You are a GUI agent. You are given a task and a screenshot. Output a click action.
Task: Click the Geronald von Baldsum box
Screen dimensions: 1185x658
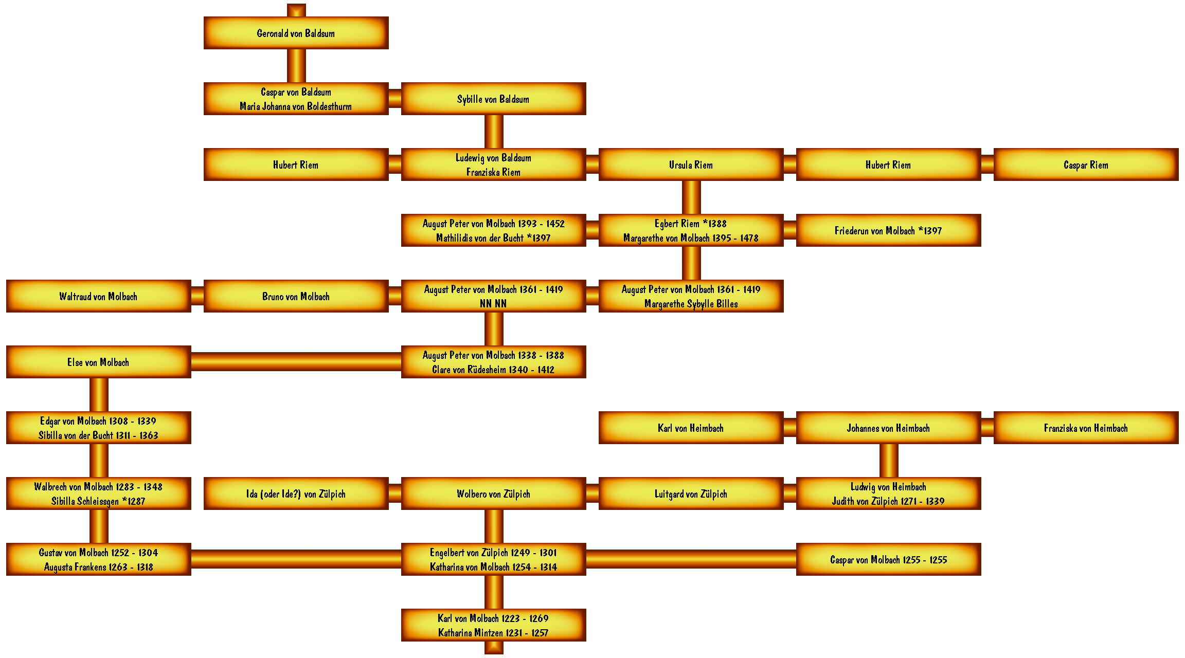point(296,33)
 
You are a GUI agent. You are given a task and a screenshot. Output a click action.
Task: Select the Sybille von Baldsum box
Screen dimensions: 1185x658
point(493,99)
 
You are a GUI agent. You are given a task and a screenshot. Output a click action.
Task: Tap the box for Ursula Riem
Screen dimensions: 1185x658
point(691,164)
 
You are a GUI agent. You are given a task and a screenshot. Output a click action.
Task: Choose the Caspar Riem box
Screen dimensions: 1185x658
point(1086,164)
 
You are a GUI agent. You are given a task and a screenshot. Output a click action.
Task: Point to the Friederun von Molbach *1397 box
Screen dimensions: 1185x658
point(888,230)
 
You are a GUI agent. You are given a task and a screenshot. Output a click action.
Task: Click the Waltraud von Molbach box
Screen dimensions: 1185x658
point(98,296)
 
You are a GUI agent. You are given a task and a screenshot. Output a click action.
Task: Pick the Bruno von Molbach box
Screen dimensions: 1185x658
point(296,296)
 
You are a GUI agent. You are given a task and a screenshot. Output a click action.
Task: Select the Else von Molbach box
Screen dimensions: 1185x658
point(98,362)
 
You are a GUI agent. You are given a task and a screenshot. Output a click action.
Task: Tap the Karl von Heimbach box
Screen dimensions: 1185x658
point(691,428)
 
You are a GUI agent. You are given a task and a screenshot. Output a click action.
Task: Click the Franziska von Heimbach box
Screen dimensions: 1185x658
point(1086,428)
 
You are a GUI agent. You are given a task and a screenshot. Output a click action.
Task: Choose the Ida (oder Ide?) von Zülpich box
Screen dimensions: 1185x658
point(296,493)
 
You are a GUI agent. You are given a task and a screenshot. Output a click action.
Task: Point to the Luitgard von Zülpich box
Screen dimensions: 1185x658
point(691,493)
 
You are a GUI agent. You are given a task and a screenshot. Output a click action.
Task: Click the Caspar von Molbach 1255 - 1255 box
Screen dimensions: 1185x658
point(888,559)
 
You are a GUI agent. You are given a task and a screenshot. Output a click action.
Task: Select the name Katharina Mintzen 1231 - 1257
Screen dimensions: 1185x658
point(493,633)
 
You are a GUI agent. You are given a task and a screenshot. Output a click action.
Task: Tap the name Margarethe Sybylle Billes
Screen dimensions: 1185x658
point(691,304)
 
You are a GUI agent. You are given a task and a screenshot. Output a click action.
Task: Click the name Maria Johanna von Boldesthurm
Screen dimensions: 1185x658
point(296,106)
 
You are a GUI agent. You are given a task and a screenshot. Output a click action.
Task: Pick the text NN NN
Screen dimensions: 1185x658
point(493,304)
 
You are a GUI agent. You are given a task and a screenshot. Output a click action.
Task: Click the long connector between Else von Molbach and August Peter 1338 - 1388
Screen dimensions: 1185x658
point(296,361)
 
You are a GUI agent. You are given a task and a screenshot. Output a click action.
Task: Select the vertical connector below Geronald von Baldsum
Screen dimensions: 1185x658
point(296,66)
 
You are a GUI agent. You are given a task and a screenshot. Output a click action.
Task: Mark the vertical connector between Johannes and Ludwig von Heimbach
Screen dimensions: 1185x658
point(889,461)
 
